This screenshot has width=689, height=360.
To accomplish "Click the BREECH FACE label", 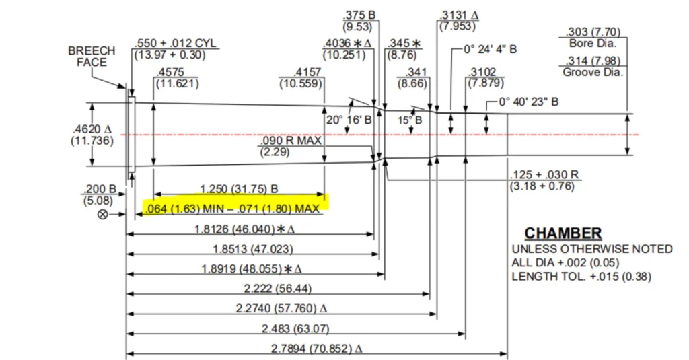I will click(x=91, y=57).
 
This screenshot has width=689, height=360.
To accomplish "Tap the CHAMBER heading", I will click(x=563, y=234).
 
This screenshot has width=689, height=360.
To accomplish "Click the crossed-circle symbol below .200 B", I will click(x=103, y=214).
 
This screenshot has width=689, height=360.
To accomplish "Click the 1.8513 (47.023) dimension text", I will click(x=252, y=249).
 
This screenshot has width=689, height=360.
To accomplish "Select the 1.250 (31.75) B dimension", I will click(x=240, y=189).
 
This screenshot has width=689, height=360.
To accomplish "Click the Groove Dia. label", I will click(x=593, y=72).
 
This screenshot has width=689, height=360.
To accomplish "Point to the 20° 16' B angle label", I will click(x=349, y=120).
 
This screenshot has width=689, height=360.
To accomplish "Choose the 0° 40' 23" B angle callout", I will click(x=528, y=102).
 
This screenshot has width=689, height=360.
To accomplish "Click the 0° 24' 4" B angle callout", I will click(x=490, y=50).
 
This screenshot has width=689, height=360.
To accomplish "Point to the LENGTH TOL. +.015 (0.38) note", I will click(x=581, y=276).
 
